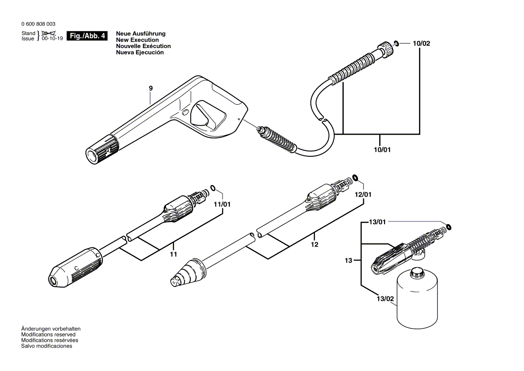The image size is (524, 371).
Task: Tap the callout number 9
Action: coord(151,88)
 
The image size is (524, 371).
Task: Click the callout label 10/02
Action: coord(421,44)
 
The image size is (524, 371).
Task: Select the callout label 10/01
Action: coord(382,150)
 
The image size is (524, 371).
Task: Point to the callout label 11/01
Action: coord(222,204)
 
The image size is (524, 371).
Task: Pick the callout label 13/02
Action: coord(385,298)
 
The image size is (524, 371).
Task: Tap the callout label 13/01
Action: coord(377,222)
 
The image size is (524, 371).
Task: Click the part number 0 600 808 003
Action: coord(38,24)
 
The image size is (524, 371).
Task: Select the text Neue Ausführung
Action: coord(140,34)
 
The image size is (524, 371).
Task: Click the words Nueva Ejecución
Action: coord(140,53)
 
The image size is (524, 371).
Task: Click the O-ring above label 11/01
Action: coord(214,188)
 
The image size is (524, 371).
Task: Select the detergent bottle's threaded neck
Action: coord(419,270)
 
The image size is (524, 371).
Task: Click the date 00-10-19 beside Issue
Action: coord(52,39)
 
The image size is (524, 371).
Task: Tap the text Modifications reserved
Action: coord(48,335)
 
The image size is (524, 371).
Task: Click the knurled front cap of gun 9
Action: coord(102,150)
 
